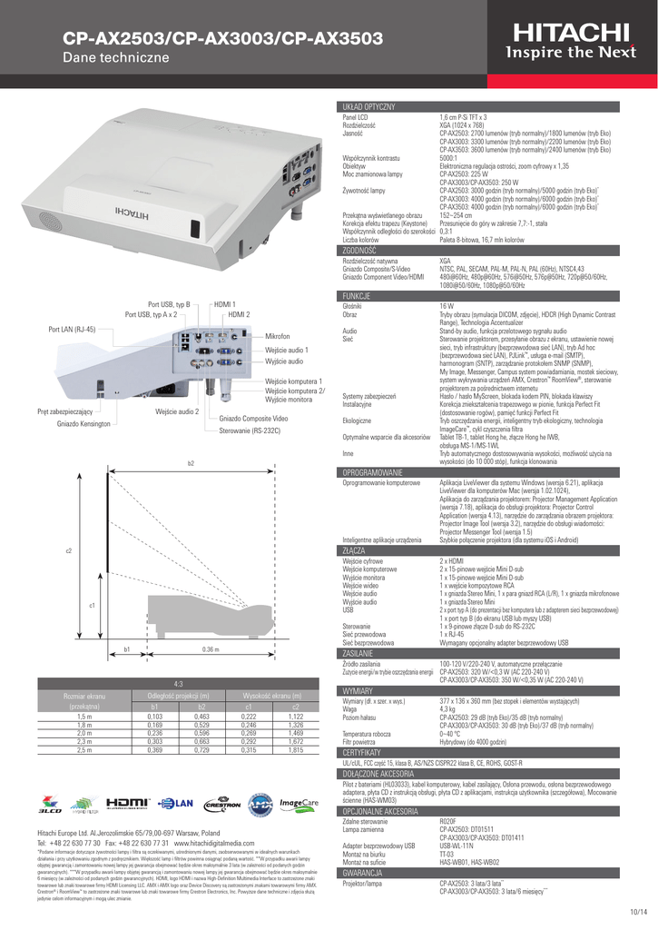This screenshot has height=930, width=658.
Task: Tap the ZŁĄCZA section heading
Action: [353, 549]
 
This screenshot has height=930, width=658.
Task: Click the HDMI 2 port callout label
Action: [239, 314]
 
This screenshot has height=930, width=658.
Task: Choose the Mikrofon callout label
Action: [278, 336]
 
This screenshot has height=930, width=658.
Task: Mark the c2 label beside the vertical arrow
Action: [43, 551]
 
